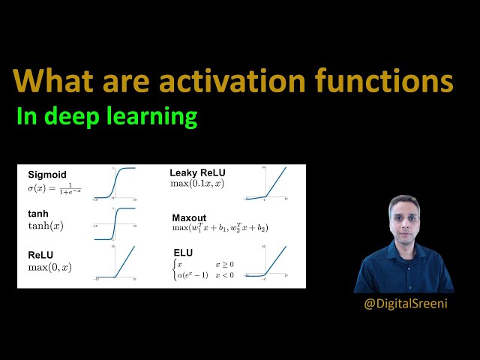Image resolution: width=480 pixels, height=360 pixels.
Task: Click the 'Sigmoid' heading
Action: (47, 175)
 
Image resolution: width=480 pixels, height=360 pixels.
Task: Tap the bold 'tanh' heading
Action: (38, 214)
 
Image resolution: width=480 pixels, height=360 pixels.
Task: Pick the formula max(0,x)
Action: (49, 267)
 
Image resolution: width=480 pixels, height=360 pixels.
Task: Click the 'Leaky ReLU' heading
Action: (197, 172)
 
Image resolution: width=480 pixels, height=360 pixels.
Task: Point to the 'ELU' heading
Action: (184, 253)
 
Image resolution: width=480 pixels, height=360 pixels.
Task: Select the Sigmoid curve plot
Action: (115, 184)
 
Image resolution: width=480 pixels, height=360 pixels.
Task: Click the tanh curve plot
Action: (115, 223)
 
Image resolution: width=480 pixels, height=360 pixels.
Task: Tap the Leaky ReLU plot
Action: (265, 184)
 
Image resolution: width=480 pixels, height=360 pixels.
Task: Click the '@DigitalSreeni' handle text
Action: (404, 304)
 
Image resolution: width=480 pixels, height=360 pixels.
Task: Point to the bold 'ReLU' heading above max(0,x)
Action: (41, 255)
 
